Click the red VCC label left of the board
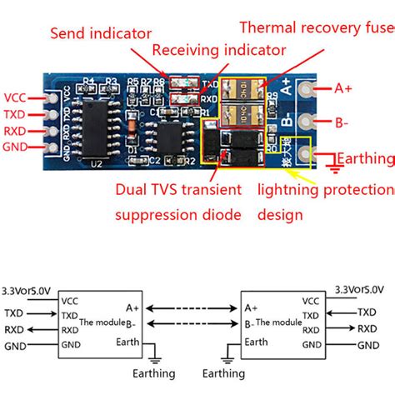pyautogui.click(x=15, y=96)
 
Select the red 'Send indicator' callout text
pyautogui.click(x=101, y=34)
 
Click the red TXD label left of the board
pyautogui.click(x=15, y=114)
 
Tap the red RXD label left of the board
pyautogui.click(x=15, y=132)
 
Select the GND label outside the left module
pyautogui.click(x=14, y=344)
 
